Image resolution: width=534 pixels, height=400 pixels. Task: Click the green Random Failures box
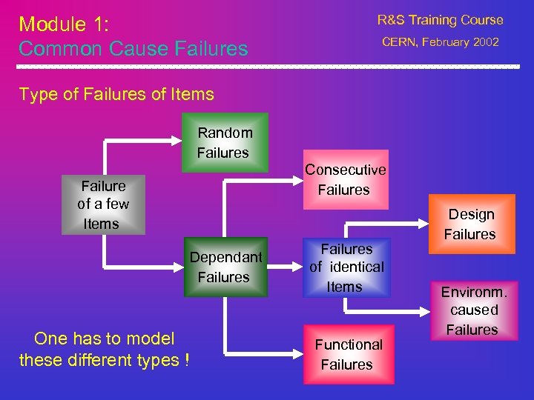(225, 143)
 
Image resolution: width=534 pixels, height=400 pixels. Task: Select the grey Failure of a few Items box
(103, 204)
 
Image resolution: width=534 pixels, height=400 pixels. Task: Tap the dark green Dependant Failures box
(225, 267)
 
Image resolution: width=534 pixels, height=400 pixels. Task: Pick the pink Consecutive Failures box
(345, 180)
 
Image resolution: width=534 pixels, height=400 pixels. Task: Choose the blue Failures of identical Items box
(346, 267)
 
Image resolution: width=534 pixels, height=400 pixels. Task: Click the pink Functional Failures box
(348, 354)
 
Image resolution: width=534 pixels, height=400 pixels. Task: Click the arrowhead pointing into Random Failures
(180, 139)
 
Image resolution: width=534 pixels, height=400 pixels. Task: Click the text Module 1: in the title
(64, 24)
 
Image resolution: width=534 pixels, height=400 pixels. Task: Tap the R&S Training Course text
(440, 20)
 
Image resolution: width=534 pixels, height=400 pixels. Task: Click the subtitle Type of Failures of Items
(116, 94)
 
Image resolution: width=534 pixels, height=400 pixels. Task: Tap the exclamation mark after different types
(186, 361)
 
